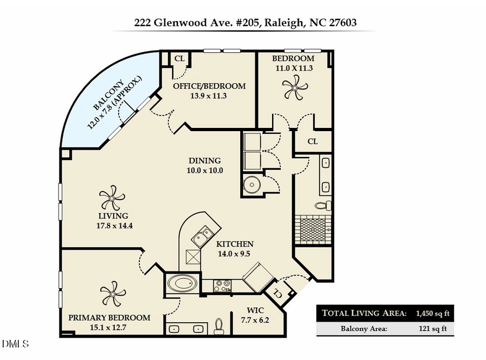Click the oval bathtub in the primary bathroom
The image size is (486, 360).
click(183, 283)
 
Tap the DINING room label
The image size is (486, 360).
click(205, 160)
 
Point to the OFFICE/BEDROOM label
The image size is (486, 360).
click(209, 86)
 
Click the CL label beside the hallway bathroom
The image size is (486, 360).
click(312, 141)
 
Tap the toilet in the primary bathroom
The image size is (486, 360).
click(219, 325)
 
